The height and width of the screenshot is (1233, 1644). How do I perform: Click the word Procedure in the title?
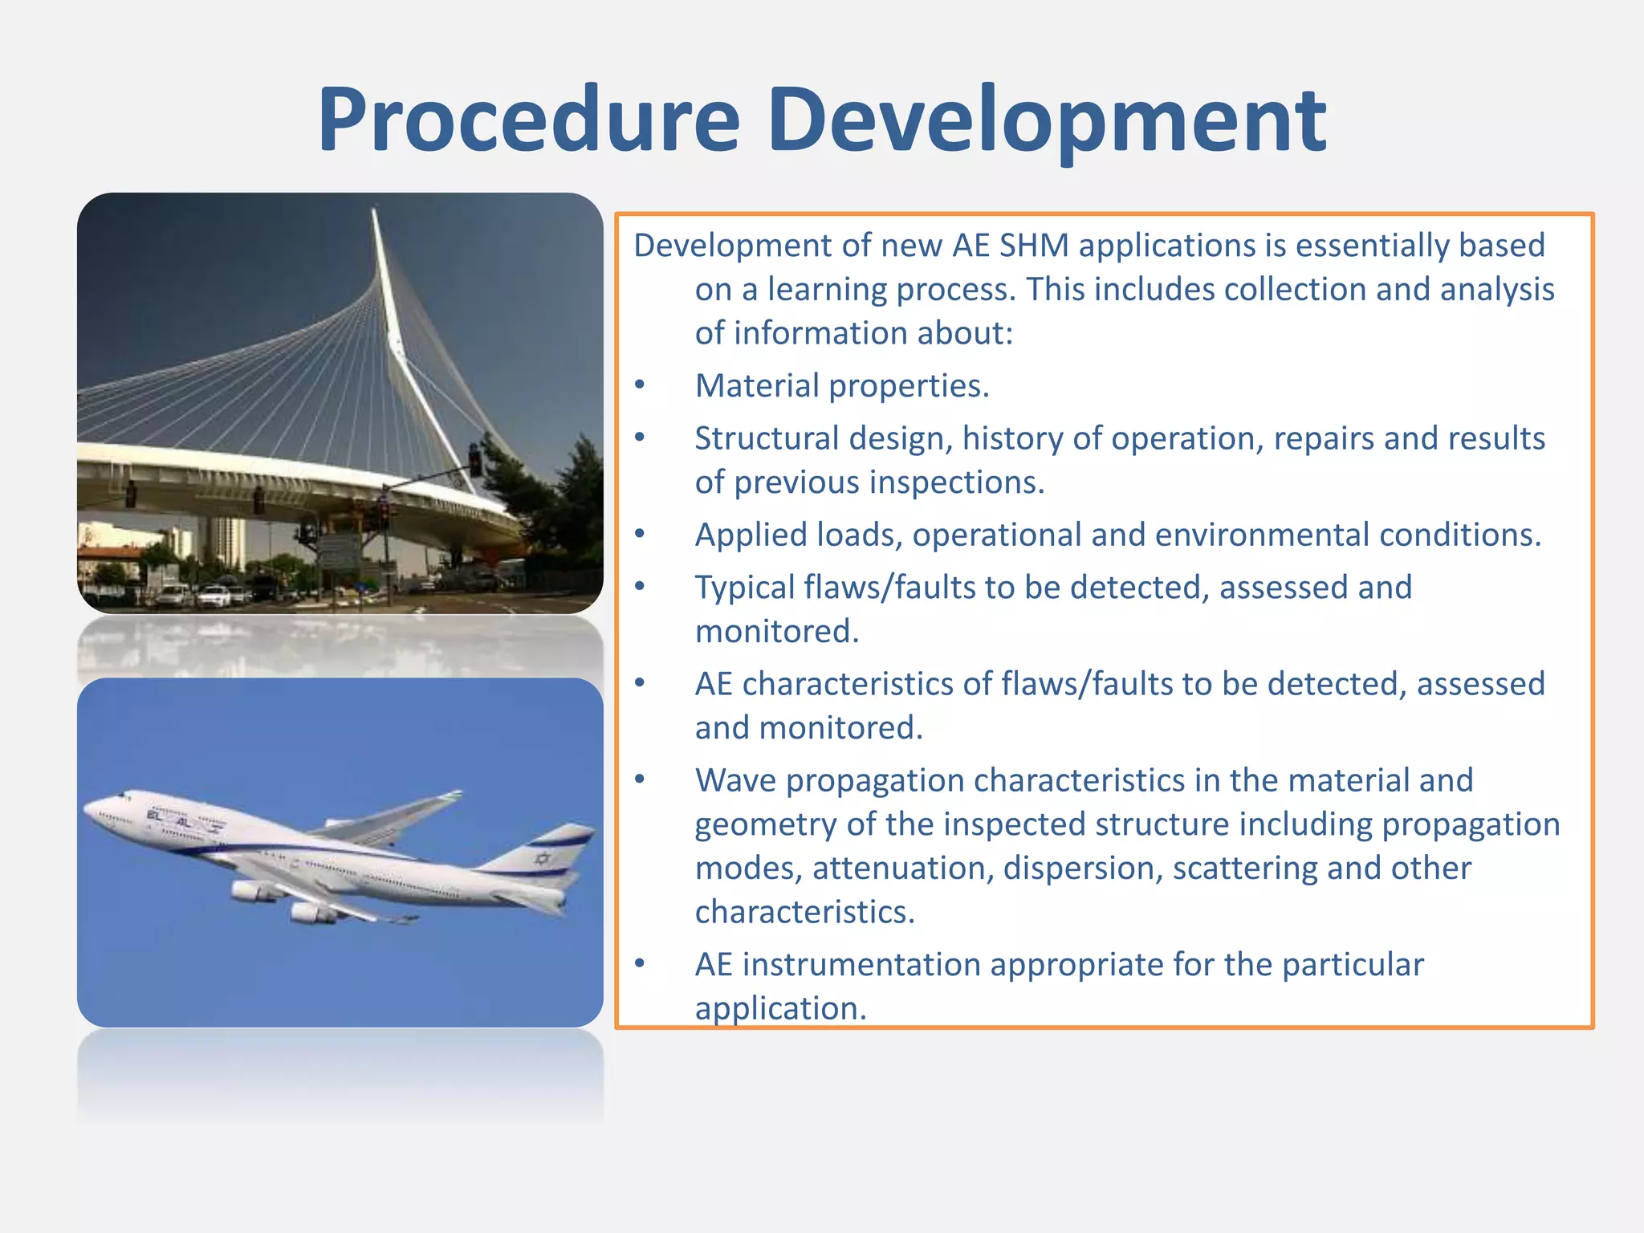tap(528, 120)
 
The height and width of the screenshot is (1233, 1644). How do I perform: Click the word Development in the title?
tap(1047, 120)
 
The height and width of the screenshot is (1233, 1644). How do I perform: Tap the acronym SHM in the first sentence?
tap(1033, 246)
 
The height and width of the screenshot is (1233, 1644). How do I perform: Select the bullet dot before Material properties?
tap(640, 385)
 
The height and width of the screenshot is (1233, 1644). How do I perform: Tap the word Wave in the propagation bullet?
tap(735, 780)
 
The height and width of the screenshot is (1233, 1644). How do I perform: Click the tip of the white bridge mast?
tap(374, 212)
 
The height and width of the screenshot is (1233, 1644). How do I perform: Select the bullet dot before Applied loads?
tap(640, 535)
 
